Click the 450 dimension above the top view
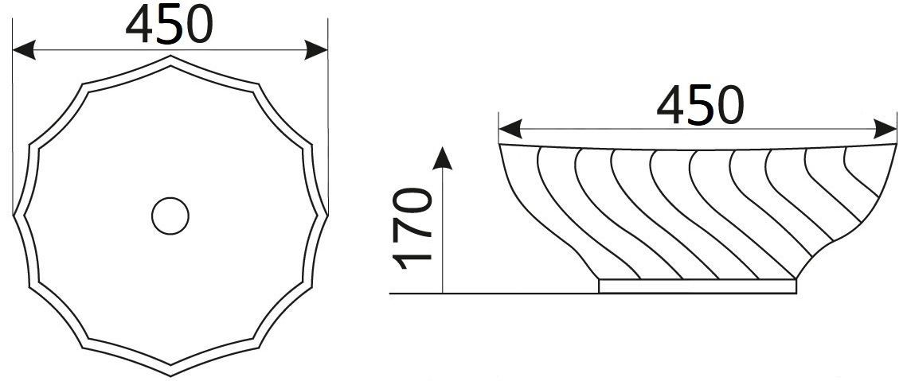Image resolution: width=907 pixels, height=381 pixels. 170,25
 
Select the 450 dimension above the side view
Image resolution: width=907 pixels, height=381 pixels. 700,105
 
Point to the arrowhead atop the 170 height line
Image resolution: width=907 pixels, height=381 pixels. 443,157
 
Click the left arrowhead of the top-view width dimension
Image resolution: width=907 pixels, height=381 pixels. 24,50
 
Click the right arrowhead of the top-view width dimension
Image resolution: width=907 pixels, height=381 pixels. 316,50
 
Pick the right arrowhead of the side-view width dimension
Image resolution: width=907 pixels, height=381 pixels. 885,128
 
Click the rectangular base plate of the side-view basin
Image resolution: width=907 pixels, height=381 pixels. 698,286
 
